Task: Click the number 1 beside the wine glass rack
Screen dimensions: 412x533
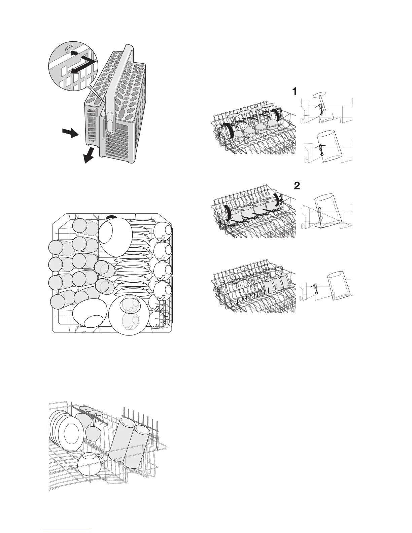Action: [x=294, y=91]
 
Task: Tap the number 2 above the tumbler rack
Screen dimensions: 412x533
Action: [x=297, y=186]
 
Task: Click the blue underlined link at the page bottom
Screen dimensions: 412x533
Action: [x=67, y=530]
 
